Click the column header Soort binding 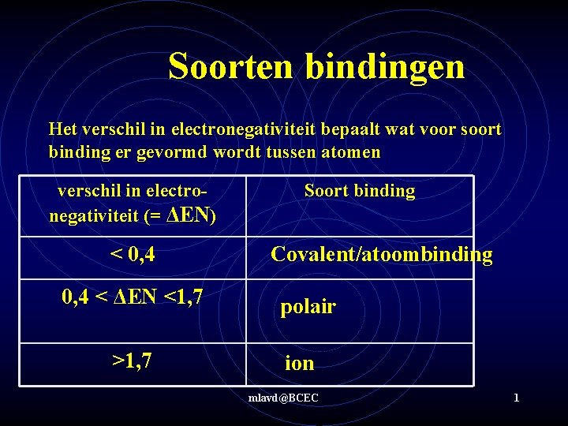point(360,190)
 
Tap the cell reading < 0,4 point(132,254)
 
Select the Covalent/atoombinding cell point(381,254)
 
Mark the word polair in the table point(308,307)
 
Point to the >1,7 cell point(132,361)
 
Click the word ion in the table point(299,364)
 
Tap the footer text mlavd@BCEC point(283,398)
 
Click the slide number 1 point(516,398)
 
